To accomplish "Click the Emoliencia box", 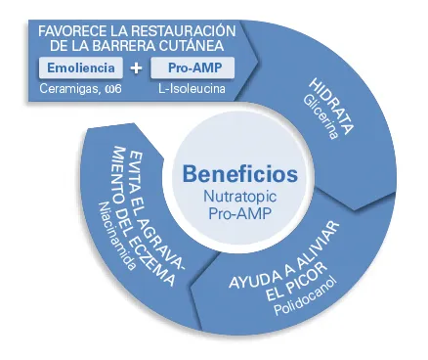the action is coord(82,68).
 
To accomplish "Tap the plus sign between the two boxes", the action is coord(136,69).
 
